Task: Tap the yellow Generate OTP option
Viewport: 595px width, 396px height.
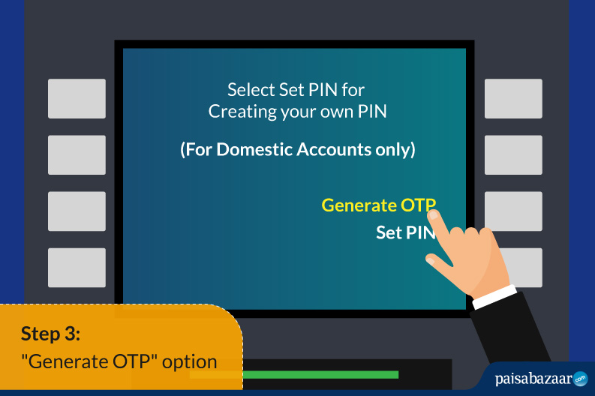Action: [x=378, y=205]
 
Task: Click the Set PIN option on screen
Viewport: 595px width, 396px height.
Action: [x=405, y=232]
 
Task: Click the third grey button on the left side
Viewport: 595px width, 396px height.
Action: [x=77, y=211]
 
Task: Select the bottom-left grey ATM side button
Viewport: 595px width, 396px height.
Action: [x=77, y=268]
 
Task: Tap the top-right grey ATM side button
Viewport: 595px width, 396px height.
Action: [x=513, y=98]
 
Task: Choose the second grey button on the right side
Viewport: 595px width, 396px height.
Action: [x=513, y=154]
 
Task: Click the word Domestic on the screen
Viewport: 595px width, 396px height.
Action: [x=254, y=149]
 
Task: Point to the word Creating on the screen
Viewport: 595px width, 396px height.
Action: [x=242, y=112]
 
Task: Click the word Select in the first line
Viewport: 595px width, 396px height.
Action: [x=251, y=90]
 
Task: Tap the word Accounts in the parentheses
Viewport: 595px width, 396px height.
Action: [x=334, y=149]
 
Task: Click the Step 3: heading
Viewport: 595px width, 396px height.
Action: [x=50, y=334]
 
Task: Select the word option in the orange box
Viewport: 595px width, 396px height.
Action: [x=189, y=362]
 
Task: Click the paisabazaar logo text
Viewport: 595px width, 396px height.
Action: [x=533, y=379]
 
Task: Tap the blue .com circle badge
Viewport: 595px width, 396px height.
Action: [x=580, y=379]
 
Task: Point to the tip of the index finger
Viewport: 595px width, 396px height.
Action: [x=432, y=215]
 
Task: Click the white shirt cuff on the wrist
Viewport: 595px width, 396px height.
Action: [x=494, y=297]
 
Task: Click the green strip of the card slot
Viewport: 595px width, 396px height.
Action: [x=320, y=375]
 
